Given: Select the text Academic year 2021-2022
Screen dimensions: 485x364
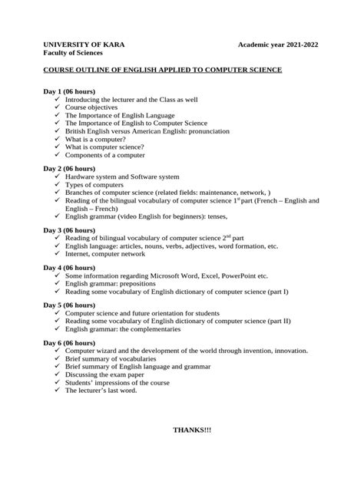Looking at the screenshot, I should click(277, 45).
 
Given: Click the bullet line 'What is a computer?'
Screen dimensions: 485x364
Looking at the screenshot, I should click(95, 139).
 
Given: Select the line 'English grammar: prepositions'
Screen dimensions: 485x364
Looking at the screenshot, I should click(116, 284).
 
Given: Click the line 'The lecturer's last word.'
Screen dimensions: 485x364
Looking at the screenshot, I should click(101, 390).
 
